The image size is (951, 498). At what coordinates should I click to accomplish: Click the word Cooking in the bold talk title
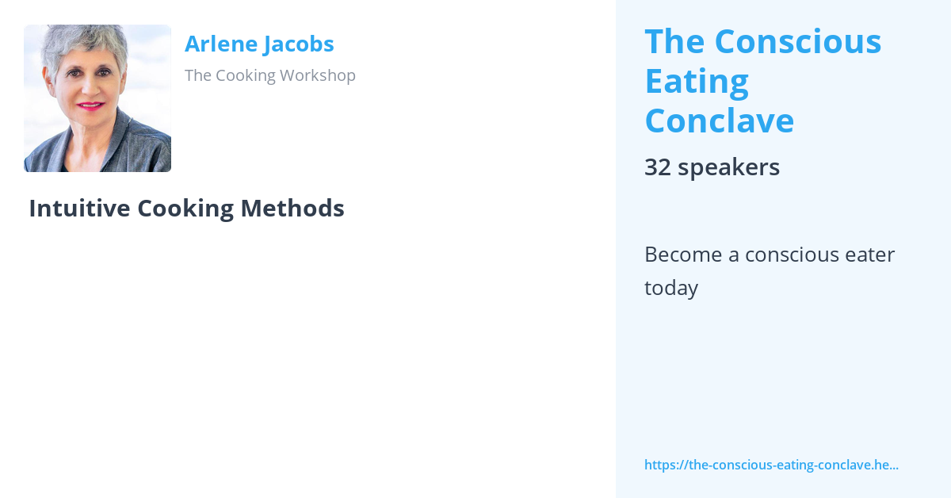(186, 208)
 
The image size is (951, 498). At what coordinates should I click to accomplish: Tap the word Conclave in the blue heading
(719, 121)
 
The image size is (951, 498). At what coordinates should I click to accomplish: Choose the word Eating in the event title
(697, 81)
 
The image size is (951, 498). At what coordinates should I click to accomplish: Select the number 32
(658, 167)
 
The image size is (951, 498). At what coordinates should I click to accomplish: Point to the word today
(670, 288)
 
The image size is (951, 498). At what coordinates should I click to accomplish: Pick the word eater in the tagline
(868, 255)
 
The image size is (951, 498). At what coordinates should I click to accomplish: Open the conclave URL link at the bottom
(771, 465)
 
